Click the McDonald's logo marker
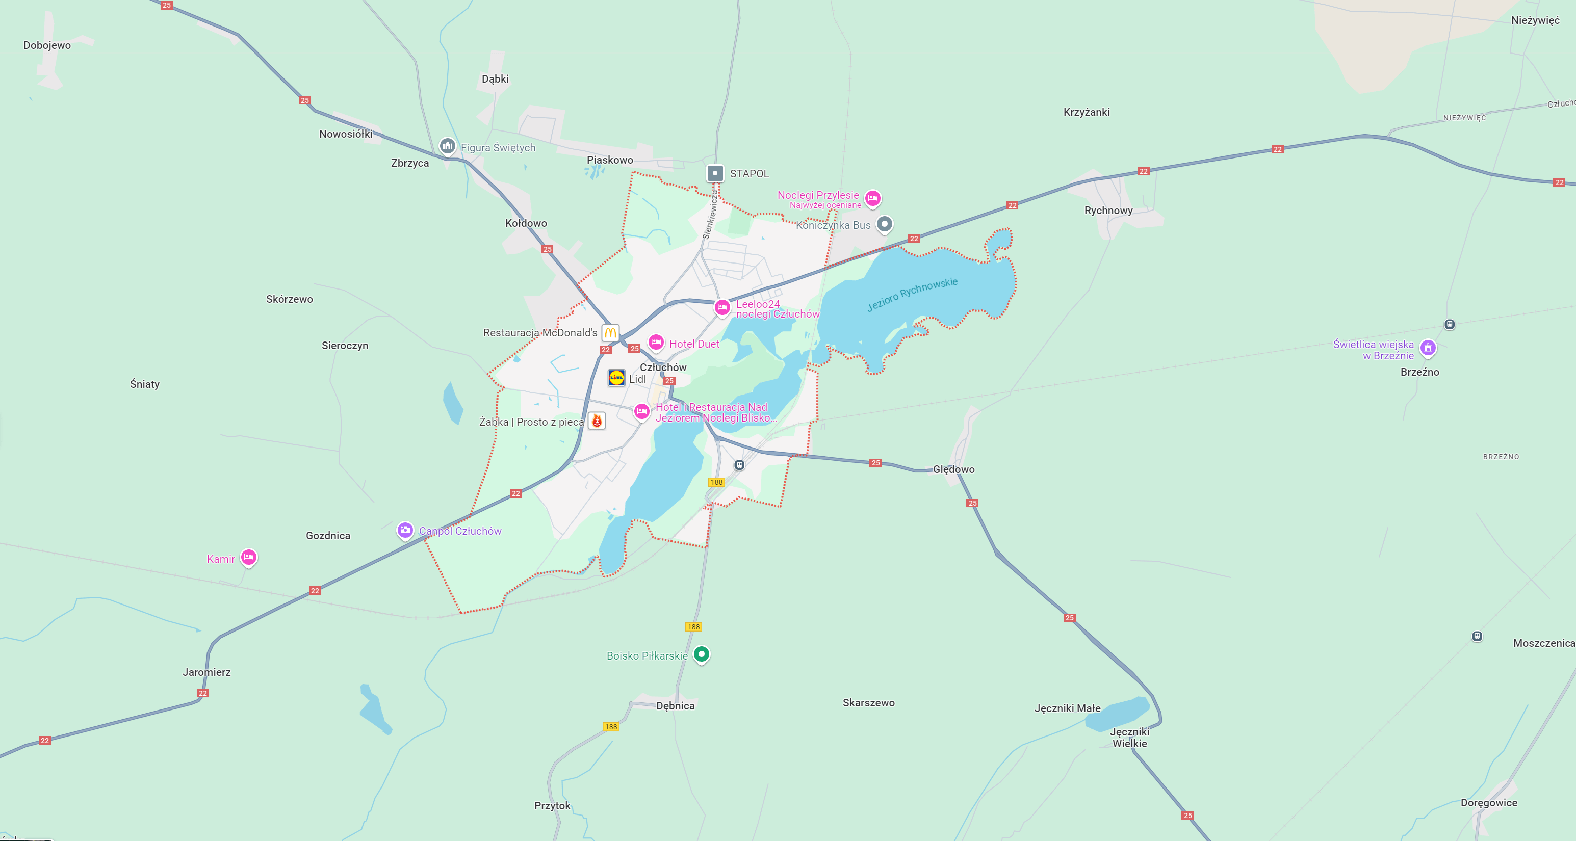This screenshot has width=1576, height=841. click(610, 333)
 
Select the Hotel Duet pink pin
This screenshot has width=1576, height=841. click(656, 342)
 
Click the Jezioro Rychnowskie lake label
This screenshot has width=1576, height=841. click(912, 294)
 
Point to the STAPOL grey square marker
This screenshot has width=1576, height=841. click(715, 173)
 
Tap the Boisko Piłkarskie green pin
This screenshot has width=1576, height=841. click(701, 654)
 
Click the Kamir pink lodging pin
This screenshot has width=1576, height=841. click(248, 557)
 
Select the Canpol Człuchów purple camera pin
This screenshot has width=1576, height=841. click(405, 530)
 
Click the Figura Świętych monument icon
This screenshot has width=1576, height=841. click(447, 146)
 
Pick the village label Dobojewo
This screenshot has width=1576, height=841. click(47, 45)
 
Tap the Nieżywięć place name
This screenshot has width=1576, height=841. click(1535, 20)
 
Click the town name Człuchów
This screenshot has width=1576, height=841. click(663, 367)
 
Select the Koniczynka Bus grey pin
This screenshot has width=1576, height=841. click(884, 224)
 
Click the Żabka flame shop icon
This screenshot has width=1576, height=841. click(597, 421)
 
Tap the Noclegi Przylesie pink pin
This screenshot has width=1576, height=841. click(872, 198)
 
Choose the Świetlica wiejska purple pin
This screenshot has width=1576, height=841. click(1427, 348)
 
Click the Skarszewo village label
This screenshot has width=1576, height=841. click(868, 703)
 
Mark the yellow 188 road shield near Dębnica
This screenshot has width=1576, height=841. click(611, 727)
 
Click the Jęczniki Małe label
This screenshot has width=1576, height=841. click(1067, 708)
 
